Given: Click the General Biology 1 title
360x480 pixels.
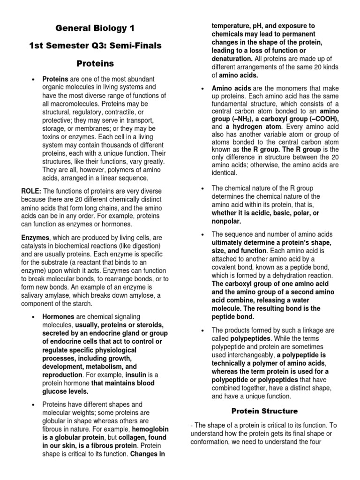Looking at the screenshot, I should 95,29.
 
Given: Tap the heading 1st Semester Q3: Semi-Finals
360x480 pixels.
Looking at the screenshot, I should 95,45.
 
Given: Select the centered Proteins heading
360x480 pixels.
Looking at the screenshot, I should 95,63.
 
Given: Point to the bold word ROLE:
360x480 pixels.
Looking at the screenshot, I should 31,191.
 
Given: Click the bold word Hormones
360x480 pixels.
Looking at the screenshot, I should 58,317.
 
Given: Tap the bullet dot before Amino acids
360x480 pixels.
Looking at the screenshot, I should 202,89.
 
